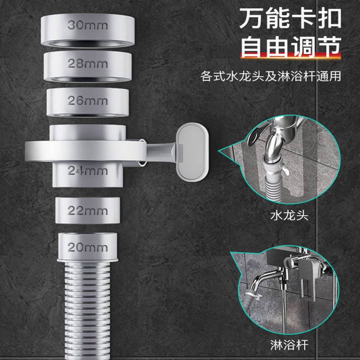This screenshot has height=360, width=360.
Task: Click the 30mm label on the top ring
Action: [88, 25]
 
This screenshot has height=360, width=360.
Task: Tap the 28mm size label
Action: [88, 64]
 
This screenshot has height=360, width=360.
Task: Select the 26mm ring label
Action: [88, 101]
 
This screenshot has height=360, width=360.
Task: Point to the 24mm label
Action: [88, 170]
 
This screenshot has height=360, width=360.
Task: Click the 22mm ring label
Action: [88, 211]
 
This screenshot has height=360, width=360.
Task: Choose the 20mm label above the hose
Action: [88, 247]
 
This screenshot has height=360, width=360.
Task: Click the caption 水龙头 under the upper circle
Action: [289, 216]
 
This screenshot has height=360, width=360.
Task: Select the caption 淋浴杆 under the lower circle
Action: [289, 345]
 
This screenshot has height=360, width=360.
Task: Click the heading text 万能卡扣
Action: [290, 18]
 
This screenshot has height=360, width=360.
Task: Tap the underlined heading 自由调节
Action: [290, 47]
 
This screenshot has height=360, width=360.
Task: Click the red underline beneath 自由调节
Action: [290, 55]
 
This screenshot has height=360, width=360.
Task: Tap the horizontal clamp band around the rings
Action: [85, 151]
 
